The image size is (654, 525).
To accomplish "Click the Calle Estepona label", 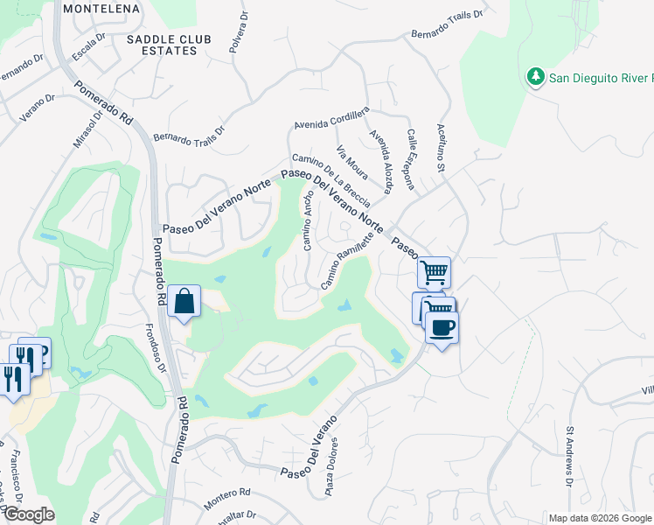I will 415,154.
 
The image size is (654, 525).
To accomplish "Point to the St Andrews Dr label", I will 568,456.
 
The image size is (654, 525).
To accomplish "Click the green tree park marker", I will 535,77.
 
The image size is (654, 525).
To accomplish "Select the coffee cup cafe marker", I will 442,328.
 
